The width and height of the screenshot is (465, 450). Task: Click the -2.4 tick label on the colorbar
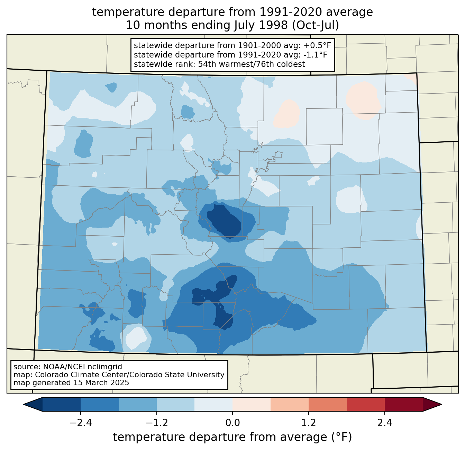(x=81, y=423)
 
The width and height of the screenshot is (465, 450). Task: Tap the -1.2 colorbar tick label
(x=157, y=423)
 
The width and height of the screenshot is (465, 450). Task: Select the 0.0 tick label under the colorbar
(x=232, y=423)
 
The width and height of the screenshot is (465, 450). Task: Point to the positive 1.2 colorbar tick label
(x=309, y=423)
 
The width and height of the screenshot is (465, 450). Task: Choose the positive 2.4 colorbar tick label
(x=385, y=423)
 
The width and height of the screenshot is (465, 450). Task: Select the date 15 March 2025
(x=101, y=382)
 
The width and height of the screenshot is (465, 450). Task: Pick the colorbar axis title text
(x=232, y=437)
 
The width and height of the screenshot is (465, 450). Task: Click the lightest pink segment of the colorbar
(x=252, y=404)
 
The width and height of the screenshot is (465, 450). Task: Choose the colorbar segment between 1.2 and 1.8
(x=328, y=404)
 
